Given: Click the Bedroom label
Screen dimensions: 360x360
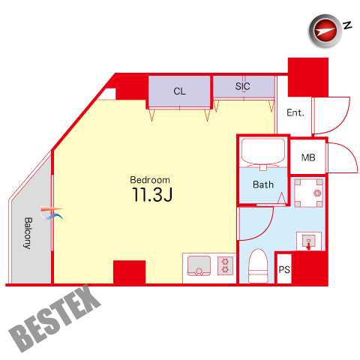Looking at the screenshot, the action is coord(150,180).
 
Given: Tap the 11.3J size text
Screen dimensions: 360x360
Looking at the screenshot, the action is coord(152,195).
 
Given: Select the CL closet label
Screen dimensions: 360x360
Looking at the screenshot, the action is coord(179,91).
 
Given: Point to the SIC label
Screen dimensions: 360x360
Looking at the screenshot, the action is coord(242,86).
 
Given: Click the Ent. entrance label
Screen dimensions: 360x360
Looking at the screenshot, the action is coord(295,112).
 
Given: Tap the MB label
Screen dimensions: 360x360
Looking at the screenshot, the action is coord(308,157).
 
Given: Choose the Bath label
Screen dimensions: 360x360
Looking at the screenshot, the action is coord(263,184).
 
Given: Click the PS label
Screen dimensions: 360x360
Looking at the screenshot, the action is coord(284,270).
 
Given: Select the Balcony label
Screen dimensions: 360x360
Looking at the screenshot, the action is coord(28,233).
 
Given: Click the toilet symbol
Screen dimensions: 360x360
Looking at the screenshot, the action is coord(258,266).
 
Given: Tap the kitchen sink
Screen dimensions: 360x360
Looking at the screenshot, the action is coord(199,265).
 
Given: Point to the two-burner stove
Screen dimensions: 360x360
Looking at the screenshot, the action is coord(225,265).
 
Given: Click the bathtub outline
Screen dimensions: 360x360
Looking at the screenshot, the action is coord(262,153).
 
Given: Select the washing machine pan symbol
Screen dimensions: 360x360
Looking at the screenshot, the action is coord(308,193).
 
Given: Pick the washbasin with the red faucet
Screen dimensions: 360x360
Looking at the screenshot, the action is coord(309,241).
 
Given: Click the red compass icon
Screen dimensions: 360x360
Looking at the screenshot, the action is coord(325,31).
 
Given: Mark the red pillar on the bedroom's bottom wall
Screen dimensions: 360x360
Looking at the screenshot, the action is coord(129,272).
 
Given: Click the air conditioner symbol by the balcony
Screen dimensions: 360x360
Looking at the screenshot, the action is coord(52,213).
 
